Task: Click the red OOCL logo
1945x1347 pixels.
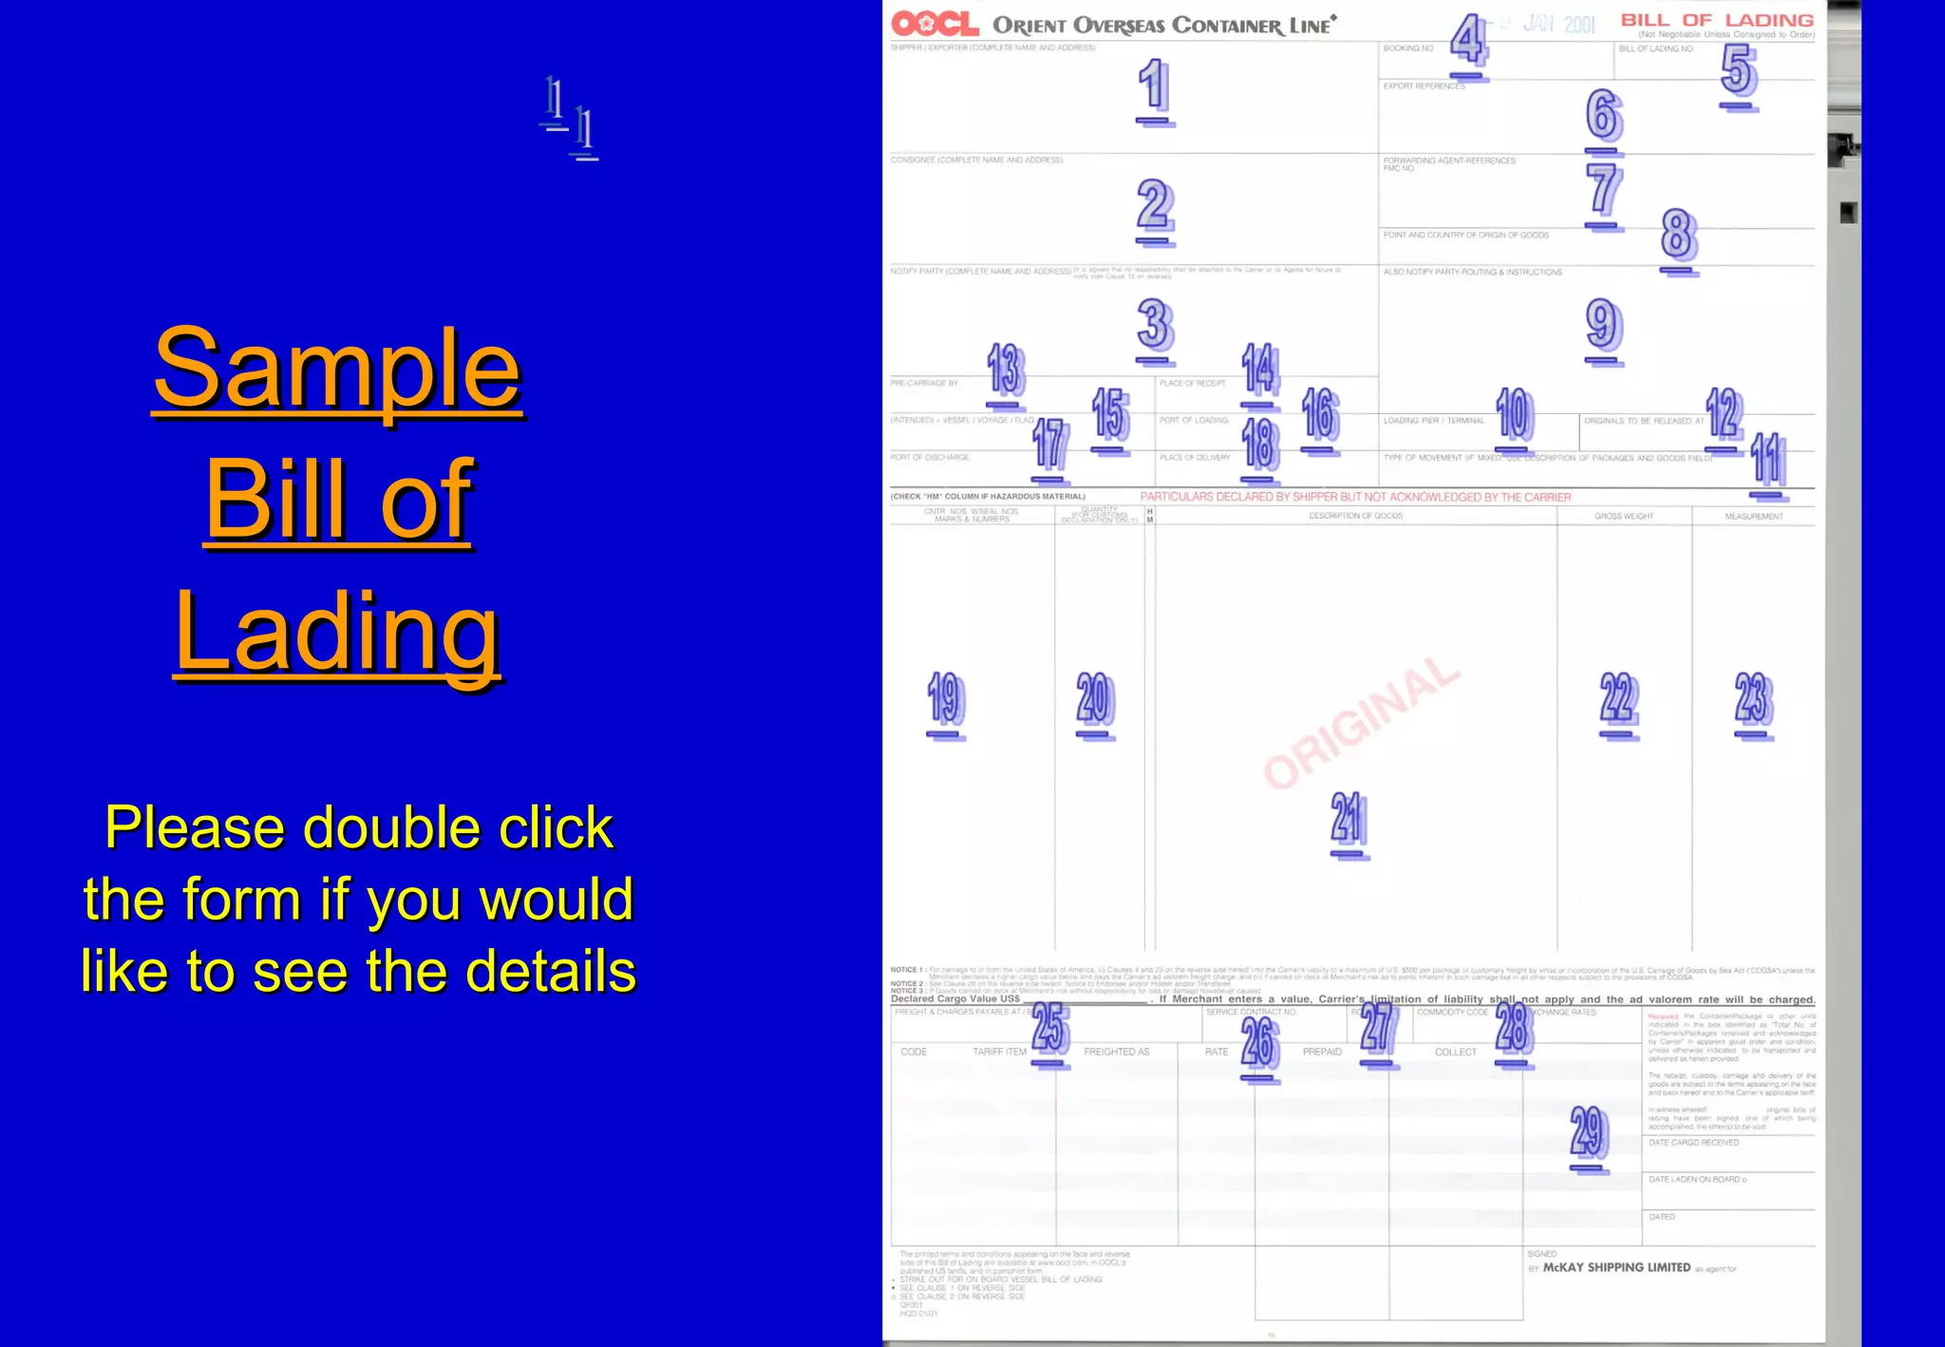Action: click(935, 24)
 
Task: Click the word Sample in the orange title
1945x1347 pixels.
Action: click(337, 368)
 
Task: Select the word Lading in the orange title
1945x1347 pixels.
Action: click(337, 631)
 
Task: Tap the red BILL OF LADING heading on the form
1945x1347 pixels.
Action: click(1717, 20)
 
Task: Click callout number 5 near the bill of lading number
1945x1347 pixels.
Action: click(1739, 70)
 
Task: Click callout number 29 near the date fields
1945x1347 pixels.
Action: click(1588, 1132)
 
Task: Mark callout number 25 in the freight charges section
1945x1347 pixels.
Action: click(1050, 1028)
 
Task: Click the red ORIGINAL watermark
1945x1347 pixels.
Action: click(1361, 722)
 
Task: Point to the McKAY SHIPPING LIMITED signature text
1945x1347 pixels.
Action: click(1616, 1267)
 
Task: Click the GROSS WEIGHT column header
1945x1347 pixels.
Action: click(1624, 517)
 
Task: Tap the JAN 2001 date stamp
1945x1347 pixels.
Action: click(1558, 24)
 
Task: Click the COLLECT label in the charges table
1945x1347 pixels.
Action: click(1455, 1052)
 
